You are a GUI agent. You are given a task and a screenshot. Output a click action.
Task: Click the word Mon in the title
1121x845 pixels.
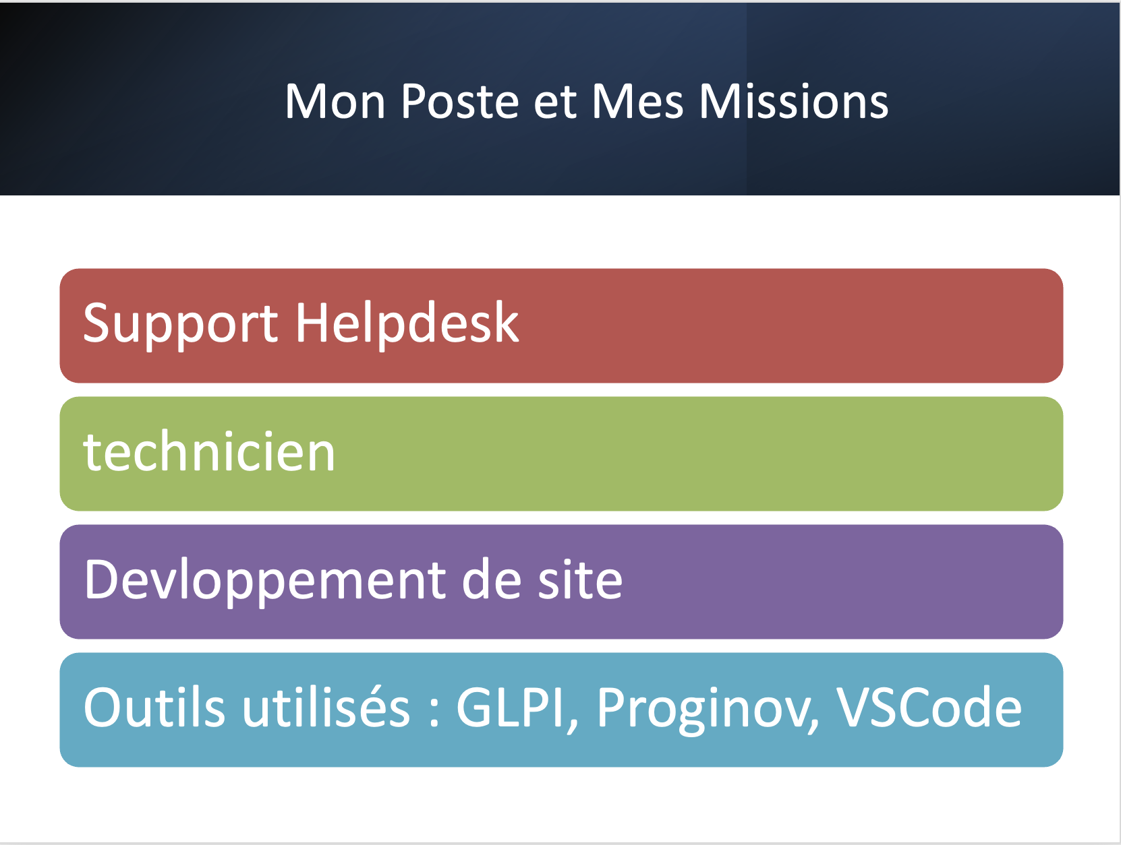click(x=335, y=102)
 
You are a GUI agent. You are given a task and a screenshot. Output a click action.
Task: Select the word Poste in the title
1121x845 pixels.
click(x=459, y=102)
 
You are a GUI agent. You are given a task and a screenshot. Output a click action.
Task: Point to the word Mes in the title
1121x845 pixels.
click(x=637, y=102)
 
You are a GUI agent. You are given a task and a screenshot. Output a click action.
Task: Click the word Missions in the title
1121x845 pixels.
click(x=793, y=102)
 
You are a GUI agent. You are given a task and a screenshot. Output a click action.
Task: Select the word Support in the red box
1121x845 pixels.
click(x=180, y=325)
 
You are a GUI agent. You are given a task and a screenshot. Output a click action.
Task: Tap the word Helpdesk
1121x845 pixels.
click(x=407, y=323)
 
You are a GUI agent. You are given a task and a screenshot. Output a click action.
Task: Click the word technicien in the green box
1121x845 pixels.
click(x=209, y=451)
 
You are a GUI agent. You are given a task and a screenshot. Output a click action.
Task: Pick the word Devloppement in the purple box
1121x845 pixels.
click(x=265, y=581)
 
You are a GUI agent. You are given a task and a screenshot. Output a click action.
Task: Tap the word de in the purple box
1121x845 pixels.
click(x=491, y=579)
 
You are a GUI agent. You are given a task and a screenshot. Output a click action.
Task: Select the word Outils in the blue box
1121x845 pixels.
click(x=154, y=708)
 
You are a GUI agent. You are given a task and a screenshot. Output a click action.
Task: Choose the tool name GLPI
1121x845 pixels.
click(x=510, y=708)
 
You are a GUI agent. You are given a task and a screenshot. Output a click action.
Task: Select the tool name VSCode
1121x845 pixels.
click(x=929, y=708)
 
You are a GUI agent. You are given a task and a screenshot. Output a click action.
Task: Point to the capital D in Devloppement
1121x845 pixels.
click(x=101, y=579)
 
